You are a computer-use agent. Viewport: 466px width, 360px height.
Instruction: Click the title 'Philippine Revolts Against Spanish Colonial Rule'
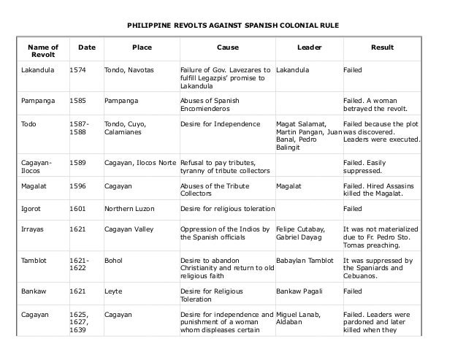pos(233,26)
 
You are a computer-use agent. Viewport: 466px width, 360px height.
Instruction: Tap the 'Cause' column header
pos(227,47)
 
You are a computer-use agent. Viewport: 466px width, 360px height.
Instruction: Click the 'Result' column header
pos(382,47)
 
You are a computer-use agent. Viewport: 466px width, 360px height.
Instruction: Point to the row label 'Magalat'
pos(34,186)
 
